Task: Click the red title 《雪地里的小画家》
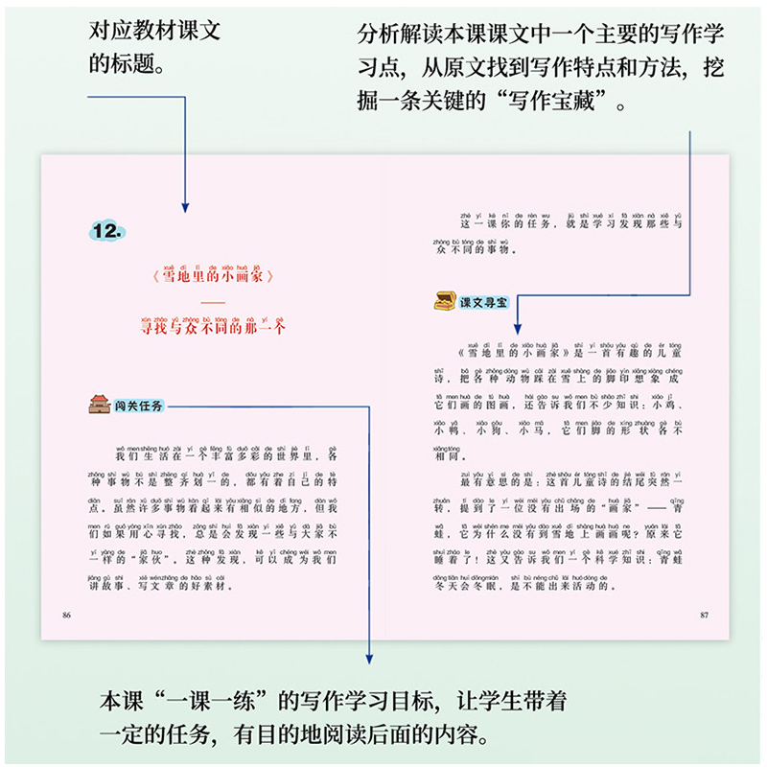point(213,277)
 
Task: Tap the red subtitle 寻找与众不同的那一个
point(213,326)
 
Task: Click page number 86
point(66,614)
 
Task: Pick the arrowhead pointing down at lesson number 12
point(185,207)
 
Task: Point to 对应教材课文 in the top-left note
point(154,31)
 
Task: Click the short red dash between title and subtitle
point(213,302)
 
